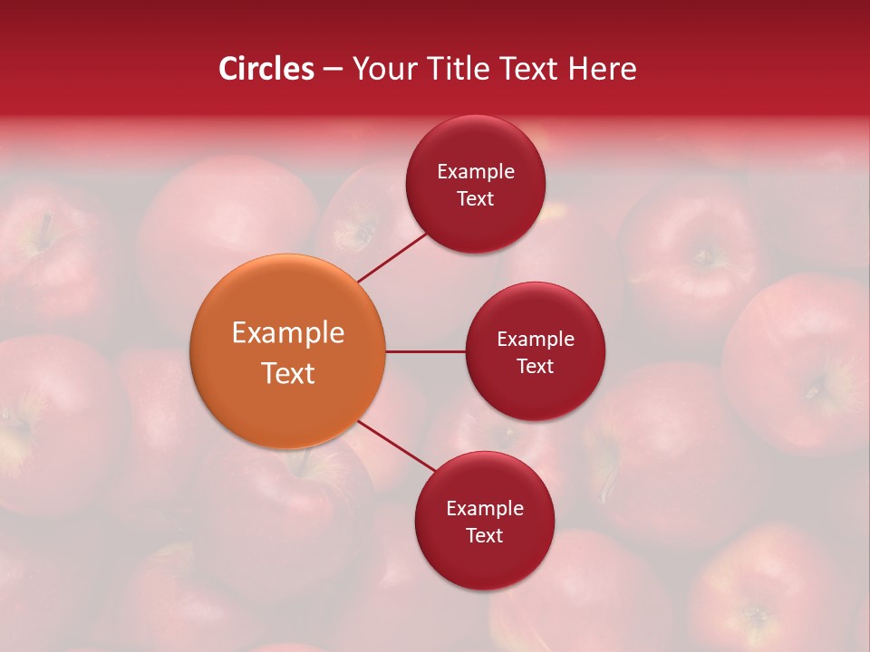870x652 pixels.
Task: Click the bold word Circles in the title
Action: [x=266, y=69]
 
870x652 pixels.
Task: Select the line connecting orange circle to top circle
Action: [x=394, y=257]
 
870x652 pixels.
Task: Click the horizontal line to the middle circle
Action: [x=425, y=351]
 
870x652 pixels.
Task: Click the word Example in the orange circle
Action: [x=287, y=333]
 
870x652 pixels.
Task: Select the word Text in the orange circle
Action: [x=287, y=373]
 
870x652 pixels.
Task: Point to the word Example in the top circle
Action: [x=475, y=172]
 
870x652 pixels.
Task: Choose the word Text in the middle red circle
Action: [x=535, y=366]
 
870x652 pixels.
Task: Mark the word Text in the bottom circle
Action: [x=484, y=535]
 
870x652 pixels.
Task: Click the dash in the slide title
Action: [x=333, y=70]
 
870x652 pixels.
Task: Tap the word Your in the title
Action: [x=381, y=69]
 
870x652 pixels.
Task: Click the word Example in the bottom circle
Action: [x=484, y=509]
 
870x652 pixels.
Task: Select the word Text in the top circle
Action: [x=475, y=198]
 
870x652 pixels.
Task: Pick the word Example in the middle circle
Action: [x=535, y=340]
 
